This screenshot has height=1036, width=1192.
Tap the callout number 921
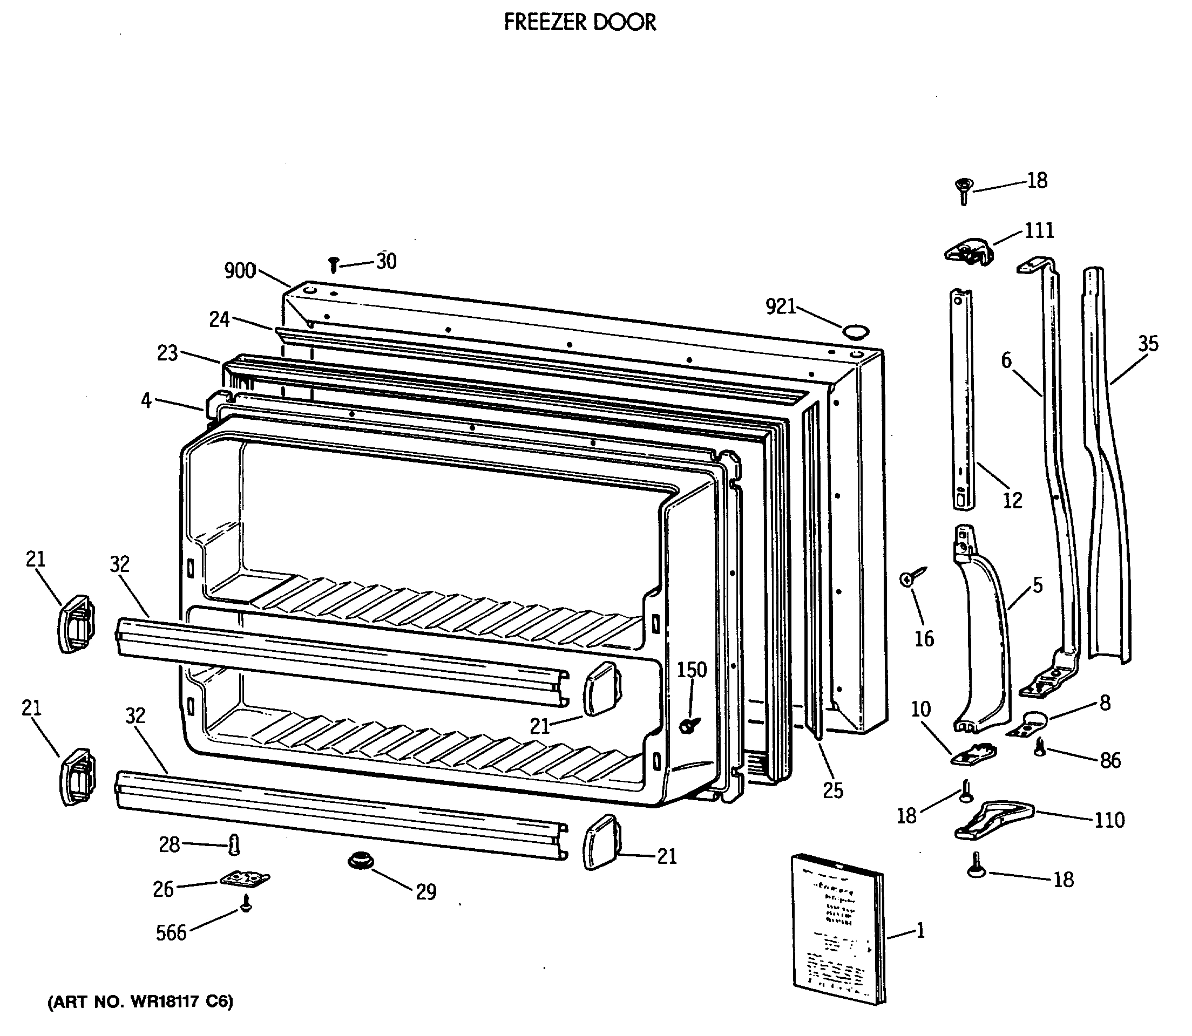coord(781,307)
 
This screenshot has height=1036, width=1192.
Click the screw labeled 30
coord(333,265)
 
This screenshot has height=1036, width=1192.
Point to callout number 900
coord(240,270)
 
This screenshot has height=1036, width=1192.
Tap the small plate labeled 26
coord(244,879)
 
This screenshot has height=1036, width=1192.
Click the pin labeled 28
coord(234,844)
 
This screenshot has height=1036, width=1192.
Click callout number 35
coord(1148,344)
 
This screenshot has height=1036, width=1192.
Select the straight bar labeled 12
coord(962,399)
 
